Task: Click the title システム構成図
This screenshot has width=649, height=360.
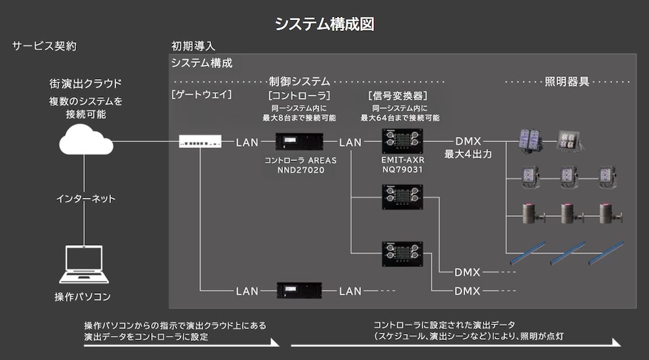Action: pos(324,24)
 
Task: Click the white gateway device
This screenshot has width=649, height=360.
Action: pos(200,141)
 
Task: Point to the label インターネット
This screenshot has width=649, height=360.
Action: pos(85,198)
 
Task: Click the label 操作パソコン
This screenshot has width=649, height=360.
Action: pos(82,297)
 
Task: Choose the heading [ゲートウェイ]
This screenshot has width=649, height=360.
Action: pos(202,95)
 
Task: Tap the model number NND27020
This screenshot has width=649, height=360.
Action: pos(300,170)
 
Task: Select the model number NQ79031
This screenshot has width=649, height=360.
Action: pos(402,170)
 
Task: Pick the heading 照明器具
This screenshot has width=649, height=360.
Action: pos(567,82)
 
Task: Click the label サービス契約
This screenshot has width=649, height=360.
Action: pos(45,46)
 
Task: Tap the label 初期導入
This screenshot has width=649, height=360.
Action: pos(193,46)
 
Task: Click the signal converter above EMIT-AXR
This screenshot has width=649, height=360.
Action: pos(402,141)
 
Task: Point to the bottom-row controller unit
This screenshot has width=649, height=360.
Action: pos(299,291)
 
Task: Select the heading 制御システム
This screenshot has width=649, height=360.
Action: pos(300,82)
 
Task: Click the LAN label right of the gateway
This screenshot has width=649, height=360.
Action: pos(247,142)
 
